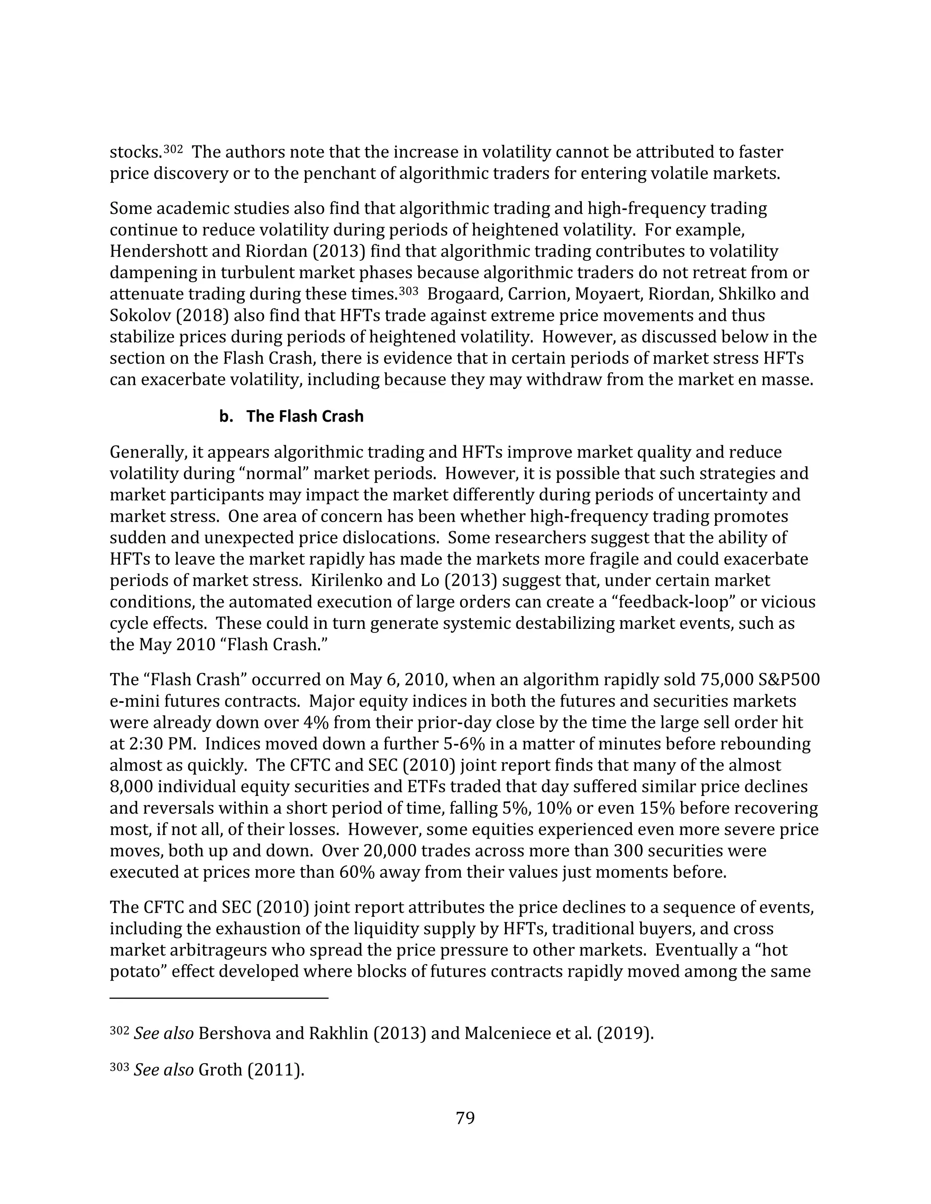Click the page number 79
pos(465,1118)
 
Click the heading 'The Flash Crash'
pos(305,416)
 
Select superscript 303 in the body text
pos(408,291)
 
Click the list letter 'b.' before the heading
pos(225,416)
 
